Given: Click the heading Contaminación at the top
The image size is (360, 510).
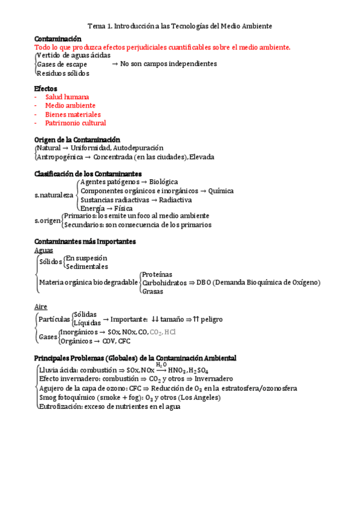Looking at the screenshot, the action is (58, 38).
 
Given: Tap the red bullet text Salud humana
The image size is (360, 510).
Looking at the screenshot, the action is (67, 97).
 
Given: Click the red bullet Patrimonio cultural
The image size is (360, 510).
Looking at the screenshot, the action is (76, 123).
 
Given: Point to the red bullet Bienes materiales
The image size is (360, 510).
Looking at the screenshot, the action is (73, 114).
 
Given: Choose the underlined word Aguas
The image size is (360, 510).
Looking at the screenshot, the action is (44, 250).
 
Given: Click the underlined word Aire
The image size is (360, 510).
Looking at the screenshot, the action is (41, 307).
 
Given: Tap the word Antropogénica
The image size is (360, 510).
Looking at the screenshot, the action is (58, 157).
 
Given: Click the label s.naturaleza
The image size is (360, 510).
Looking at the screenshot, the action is (53, 195).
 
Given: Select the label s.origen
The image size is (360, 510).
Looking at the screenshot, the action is (47, 221).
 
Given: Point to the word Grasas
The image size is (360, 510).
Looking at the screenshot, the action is (153, 291).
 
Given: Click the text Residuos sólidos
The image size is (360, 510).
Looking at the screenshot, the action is (63, 73).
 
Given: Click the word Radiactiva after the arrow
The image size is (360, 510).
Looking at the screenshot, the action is (176, 200).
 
